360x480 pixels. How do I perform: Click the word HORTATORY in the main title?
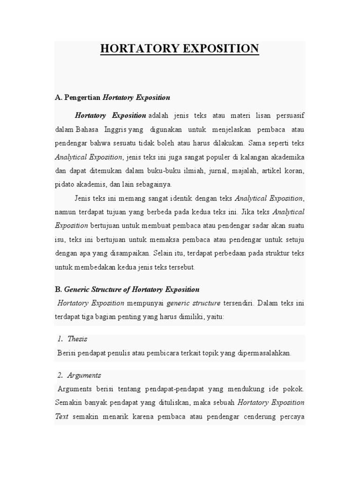tap(138, 49)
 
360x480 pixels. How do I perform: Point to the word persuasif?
tap(289, 115)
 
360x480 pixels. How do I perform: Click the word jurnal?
tap(219, 171)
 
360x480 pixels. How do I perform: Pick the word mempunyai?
tap(145, 303)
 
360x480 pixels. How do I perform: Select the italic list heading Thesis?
tap(77, 339)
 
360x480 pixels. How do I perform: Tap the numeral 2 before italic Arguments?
tap(60, 375)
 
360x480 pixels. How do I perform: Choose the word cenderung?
tap(262, 416)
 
